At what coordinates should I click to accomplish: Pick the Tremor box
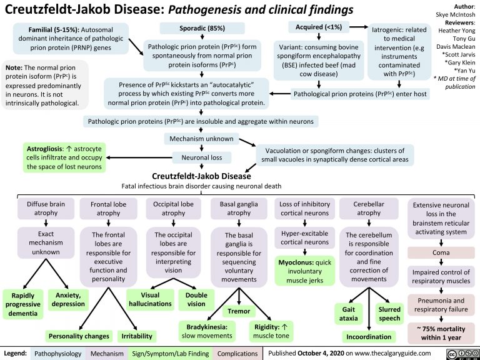(240, 311)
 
